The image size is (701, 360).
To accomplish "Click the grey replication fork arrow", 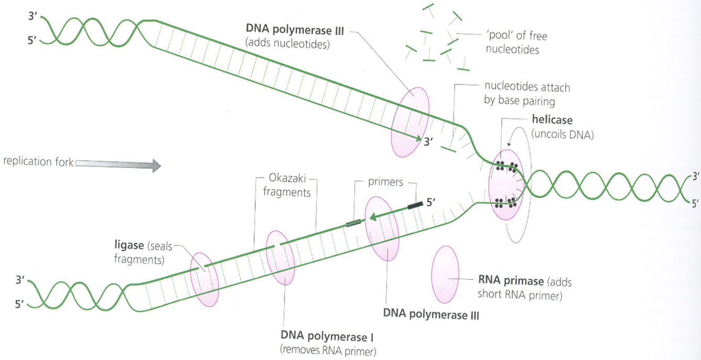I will tap(118, 165).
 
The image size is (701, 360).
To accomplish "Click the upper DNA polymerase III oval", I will tap(410, 122).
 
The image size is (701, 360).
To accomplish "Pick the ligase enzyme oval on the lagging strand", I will tap(204, 279).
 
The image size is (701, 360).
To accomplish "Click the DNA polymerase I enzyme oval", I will tap(280, 257).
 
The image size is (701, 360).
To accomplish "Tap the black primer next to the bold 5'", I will tap(414, 204).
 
